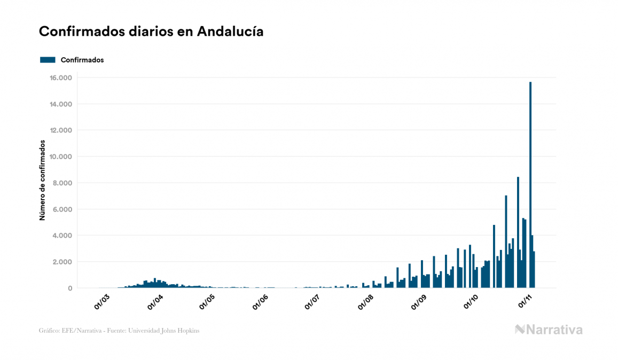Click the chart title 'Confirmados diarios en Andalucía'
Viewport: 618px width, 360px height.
[x=151, y=32]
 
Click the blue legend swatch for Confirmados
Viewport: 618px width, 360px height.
[x=48, y=60]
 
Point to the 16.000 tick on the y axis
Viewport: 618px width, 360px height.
[x=60, y=78]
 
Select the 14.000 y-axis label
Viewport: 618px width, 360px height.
[x=60, y=104]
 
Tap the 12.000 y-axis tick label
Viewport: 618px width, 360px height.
[x=60, y=130]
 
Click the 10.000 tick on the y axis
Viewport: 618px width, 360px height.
[x=60, y=156]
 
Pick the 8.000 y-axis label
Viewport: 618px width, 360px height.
[x=62, y=183]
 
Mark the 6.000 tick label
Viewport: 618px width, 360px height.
[x=62, y=209]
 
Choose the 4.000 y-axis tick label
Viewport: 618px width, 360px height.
[x=62, y=236]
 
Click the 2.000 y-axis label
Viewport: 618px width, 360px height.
[x=62, y=262]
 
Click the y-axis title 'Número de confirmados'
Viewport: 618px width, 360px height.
[x=42, y=181]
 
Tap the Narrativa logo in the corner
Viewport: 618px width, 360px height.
[x=549, y=330]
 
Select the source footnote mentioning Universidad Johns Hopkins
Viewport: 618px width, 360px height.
[x=119, y=331]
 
